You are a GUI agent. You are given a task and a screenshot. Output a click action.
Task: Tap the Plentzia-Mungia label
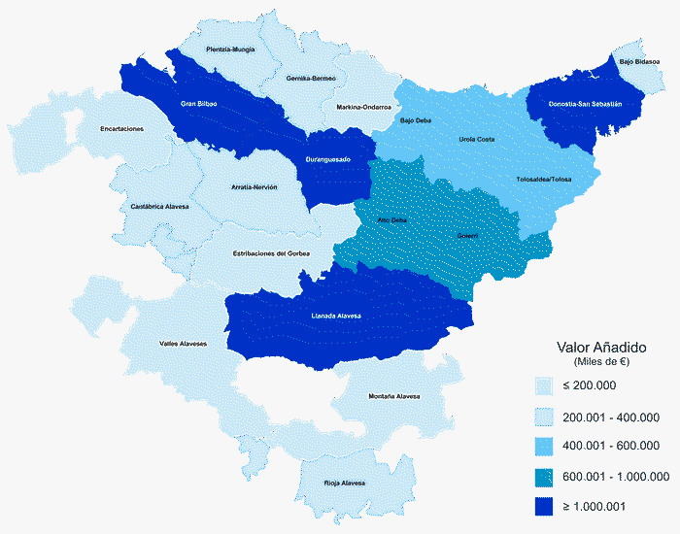pos(231,49)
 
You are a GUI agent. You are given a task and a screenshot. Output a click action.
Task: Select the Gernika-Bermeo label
pos(311,78)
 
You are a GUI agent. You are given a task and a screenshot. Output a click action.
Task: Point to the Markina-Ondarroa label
pos(363,107)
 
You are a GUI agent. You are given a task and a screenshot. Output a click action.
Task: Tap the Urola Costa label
pos(476,140)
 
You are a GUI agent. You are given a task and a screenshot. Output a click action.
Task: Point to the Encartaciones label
pos(122,128)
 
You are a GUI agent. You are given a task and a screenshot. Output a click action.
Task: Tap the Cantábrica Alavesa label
pos(159,207)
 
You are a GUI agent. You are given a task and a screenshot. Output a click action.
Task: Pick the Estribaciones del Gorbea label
pos(272,253)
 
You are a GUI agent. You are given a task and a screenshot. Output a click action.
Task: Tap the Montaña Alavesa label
pos(394,396)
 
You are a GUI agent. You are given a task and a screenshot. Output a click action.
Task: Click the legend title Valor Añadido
pos(602,347)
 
